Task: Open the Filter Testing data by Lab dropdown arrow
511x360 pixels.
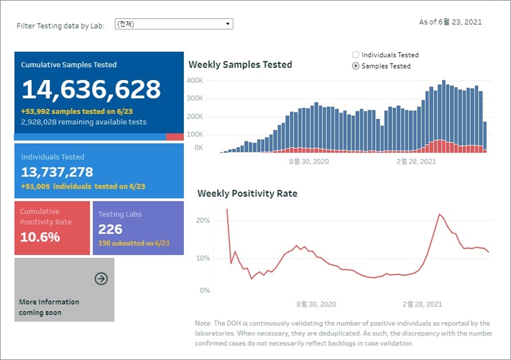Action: click(228, 24)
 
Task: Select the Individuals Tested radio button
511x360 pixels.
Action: click(356, 55)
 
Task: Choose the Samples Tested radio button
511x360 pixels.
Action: click(356, 66)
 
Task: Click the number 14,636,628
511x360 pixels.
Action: click(91, 90)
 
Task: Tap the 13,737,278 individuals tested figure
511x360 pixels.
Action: click(57, 172)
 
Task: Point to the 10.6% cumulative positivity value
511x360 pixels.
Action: click(40, 237)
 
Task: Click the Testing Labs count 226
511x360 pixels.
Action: click(110, 229)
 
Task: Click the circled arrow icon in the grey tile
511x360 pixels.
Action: click(101, 279)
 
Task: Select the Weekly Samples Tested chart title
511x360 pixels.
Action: click(240, 65)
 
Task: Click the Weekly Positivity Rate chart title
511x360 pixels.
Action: click(247, 194)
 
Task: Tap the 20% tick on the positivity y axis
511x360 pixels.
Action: click(203, 220)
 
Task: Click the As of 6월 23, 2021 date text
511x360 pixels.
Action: click(450, 22)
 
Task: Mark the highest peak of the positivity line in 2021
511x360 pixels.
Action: click(439, 214)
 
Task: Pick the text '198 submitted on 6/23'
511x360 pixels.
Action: click(133, 243)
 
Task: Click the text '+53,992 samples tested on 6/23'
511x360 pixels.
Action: click(77, 111)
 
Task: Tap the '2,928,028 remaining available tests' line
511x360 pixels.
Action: click(83, 122)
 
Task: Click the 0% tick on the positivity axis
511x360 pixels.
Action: click(204, 290)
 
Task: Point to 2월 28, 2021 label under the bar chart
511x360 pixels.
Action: click(416, 161)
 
